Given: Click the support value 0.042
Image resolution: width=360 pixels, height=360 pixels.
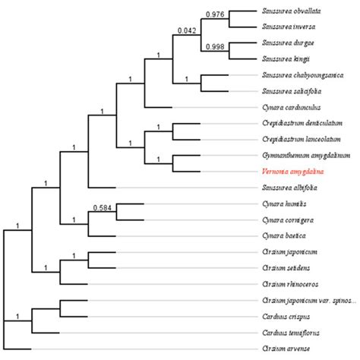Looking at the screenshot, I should tap(186, 30).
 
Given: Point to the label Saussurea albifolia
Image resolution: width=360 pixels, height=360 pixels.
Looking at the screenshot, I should tap(289, 187).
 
